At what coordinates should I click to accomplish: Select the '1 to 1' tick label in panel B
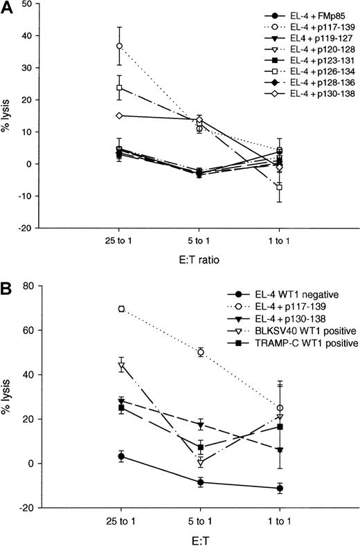click(x=280, y=520)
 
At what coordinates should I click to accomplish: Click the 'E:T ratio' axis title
click(x=199, y=262)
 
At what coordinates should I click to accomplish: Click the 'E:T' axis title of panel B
click(x=199, y=539)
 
